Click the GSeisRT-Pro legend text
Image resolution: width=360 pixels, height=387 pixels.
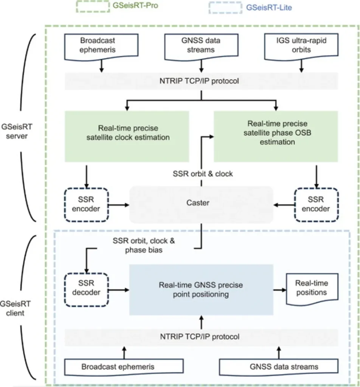(135, 5)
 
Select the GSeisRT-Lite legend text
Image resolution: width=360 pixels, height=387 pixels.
(269, 8)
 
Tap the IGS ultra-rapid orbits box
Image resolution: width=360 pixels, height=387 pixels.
(301, 46)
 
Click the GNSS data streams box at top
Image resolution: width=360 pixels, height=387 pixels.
(201, 46)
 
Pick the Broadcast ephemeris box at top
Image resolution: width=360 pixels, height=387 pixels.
(101, 46)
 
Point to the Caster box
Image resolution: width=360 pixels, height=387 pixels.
(201, 204)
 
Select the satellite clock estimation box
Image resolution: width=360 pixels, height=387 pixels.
(127, 136)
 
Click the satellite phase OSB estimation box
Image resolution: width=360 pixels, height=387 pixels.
(276, 136)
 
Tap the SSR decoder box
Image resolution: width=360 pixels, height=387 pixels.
(87, 290)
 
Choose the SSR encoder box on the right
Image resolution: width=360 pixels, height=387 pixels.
(316, 204)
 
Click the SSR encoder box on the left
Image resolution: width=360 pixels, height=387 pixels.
(87, 204)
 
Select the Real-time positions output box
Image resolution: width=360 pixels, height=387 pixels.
(312, 289)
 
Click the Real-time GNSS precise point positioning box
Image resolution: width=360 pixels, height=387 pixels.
(201, 290)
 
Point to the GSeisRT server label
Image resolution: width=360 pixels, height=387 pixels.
(17, 131)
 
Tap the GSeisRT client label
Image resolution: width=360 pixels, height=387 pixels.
(15, 308)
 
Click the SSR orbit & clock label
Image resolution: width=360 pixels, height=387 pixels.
(203, 174)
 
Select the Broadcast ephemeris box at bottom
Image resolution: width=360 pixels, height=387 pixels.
(124, 367)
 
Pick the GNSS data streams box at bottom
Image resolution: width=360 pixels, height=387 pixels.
(279, 367)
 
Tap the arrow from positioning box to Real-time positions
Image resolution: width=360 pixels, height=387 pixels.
(280, 290)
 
